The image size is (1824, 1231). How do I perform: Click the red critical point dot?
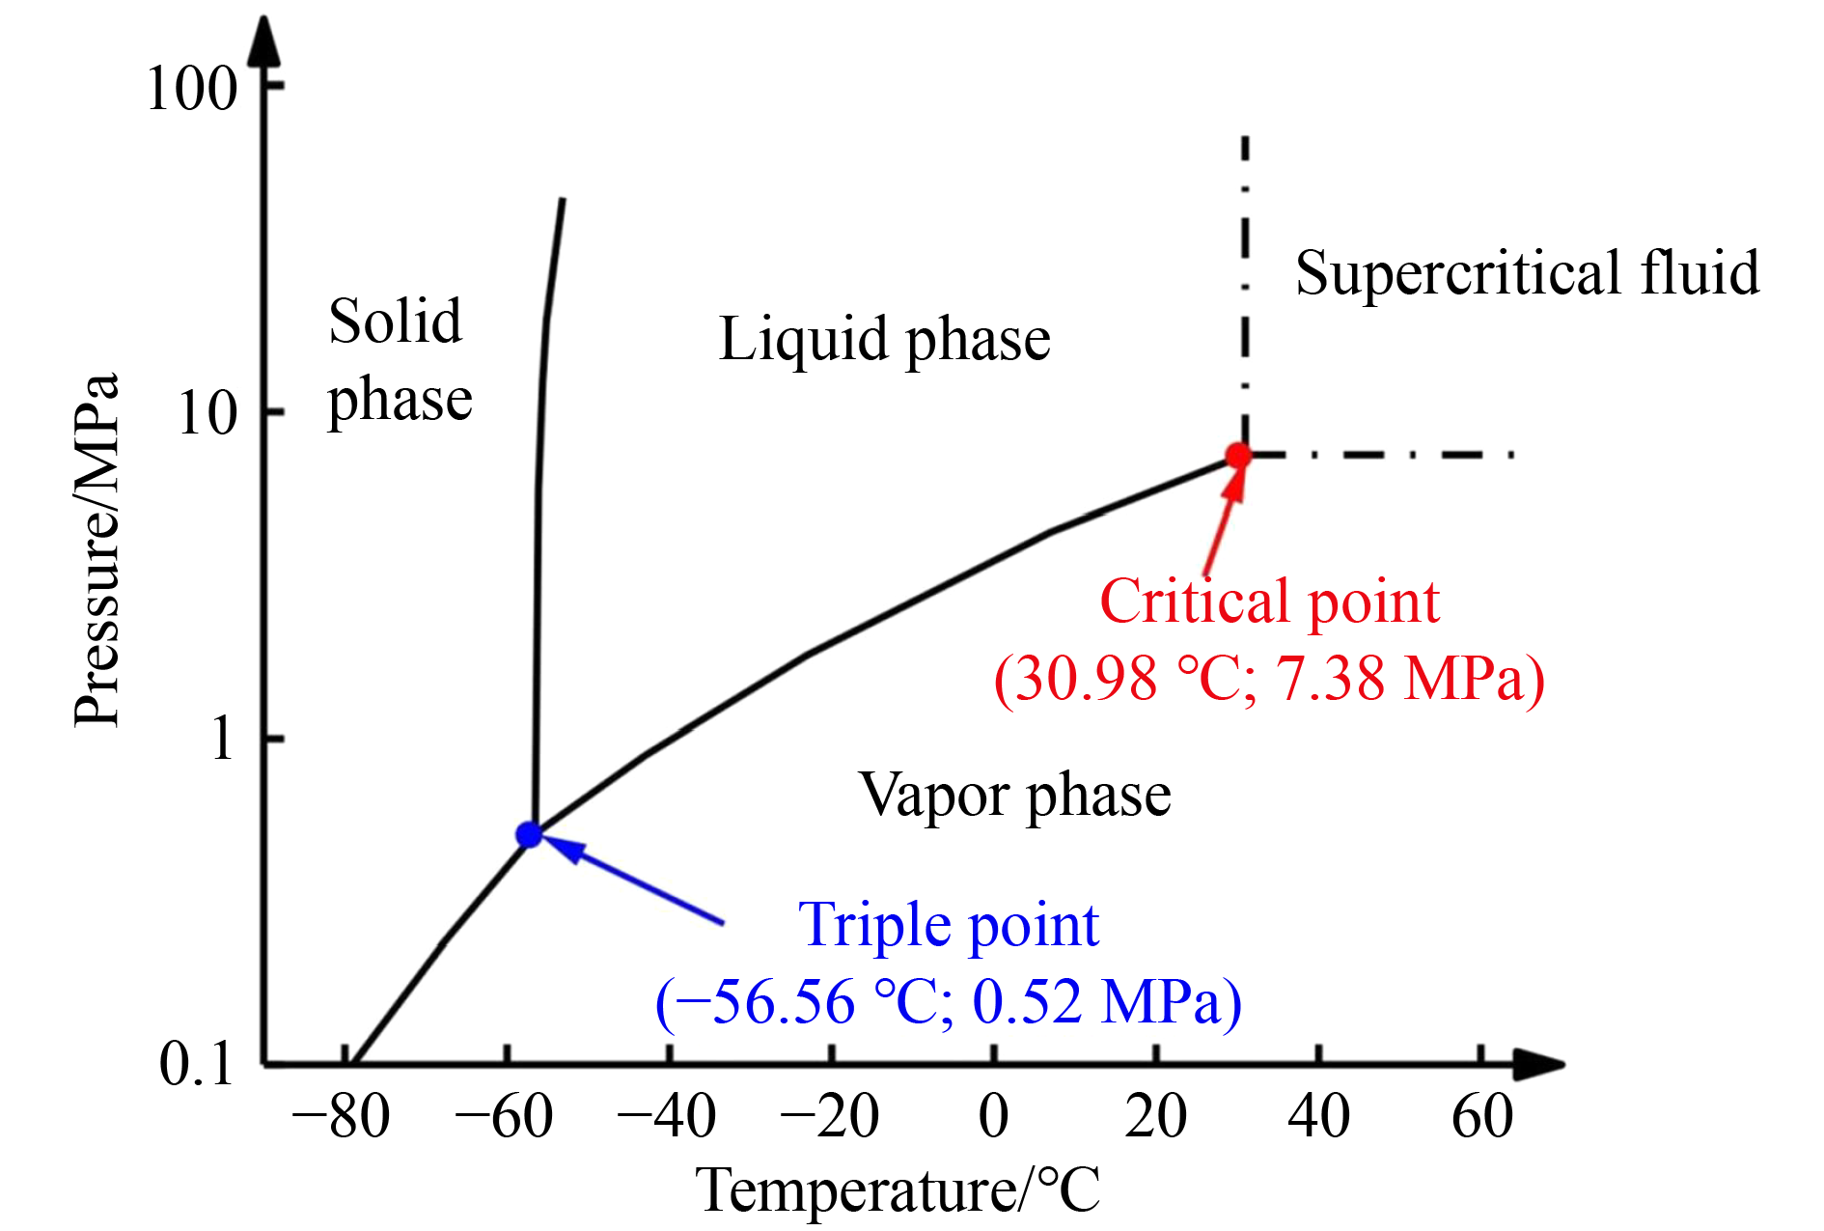(1238, 456)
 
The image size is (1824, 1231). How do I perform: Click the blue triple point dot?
(529, 834)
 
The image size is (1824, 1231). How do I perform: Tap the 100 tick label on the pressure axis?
(191, 89)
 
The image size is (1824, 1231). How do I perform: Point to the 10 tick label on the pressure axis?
(207, 414)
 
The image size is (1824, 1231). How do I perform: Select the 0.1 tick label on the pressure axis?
(197, 1064)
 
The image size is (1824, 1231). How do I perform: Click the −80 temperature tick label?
(342, 1117)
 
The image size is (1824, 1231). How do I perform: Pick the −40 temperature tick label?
(668, 1117)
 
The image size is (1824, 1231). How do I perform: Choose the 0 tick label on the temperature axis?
(993, 1117)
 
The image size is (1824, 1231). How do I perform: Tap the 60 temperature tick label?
(1482, 1117)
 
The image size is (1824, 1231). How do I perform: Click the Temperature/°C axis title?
(898, 1190)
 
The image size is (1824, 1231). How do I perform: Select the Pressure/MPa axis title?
(97, 550)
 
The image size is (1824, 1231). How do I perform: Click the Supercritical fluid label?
(1527, 273)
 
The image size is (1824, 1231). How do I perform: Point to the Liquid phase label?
(884, 340)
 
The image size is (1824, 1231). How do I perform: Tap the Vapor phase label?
(1014, 796)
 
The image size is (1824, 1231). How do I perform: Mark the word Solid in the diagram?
(395, 321)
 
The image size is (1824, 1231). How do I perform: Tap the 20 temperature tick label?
(1155, 1117)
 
